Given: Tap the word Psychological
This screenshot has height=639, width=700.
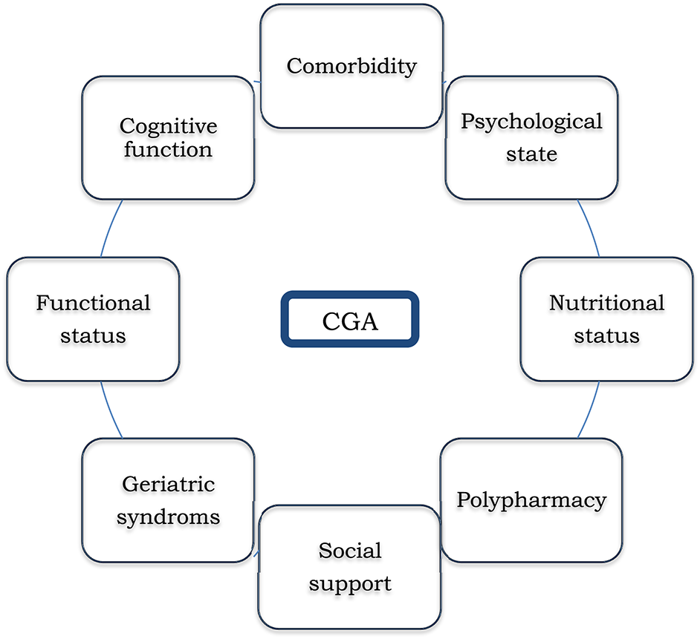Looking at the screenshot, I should tap(531, 121).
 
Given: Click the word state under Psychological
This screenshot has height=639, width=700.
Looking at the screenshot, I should tap(531, 155).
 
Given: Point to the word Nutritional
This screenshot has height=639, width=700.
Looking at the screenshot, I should tap(606, 303).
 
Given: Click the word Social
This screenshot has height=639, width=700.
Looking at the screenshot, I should tap(350, 550).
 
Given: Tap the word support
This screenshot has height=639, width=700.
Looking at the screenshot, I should tap(350, 583).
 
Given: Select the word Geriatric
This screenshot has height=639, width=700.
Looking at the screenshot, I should tap(168, 484).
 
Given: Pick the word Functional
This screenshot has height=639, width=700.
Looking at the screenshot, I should tap(94, 303).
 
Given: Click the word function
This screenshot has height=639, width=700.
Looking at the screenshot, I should tap(168, 149).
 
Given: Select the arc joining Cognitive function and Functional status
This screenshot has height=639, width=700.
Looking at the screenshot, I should tap(109, 228).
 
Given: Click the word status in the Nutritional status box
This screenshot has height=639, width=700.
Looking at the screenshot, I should tap(606, 335).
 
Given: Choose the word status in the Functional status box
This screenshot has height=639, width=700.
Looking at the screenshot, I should tap(94, 335).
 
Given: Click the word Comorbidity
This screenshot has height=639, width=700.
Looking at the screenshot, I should tap(351, 65).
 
